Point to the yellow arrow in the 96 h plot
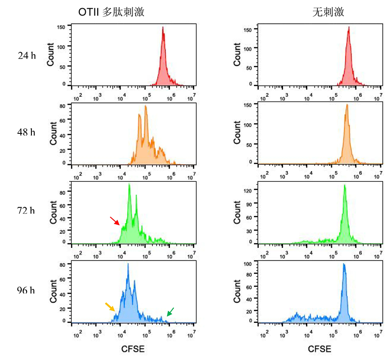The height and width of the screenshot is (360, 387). tap(110, 307)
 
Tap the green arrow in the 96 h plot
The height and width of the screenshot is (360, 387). tap(170, 312)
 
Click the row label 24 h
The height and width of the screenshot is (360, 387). tap(27, 56)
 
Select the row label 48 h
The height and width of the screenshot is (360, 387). tap(27, 133)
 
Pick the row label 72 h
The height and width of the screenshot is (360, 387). tap(27, 212)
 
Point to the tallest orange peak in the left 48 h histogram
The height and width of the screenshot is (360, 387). tap(145, 106)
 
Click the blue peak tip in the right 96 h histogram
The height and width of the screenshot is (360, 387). tap(343, 264)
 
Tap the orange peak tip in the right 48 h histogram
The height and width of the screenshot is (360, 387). tap(346, 105)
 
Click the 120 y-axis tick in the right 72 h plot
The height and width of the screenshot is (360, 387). tap(249, 191)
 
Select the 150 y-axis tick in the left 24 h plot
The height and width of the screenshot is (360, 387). tap(61, 27)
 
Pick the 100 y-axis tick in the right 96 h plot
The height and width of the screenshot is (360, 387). tap(249, 264)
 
